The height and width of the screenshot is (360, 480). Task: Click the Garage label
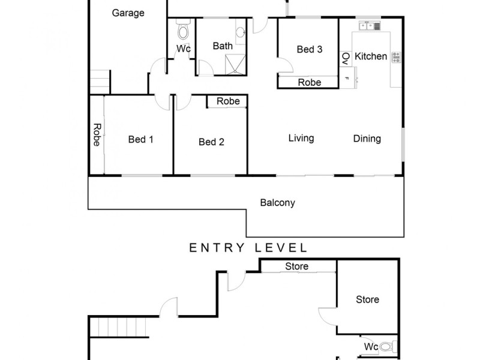pos(128,13)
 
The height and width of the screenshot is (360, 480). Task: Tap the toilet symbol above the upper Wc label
pos(183,30)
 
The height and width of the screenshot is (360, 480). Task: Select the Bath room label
pos(223,46)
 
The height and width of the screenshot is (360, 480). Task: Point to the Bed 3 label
pos(310,49)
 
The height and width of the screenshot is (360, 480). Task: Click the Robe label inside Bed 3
pos(310,82)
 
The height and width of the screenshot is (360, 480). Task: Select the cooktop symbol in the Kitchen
pos(396,58)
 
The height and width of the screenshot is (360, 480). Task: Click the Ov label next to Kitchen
pos(345,58)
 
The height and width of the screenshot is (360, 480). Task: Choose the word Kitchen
pos(371,56)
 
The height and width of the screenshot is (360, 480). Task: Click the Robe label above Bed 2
pos(228,101)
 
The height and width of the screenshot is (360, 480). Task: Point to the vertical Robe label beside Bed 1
pos(96,135)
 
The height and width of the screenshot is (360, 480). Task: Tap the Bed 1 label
pos(141,140)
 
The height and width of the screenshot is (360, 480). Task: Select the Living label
pos(301,139)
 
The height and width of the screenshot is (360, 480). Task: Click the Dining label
pos(367,139)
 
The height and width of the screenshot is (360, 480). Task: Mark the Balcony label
pos(277,203)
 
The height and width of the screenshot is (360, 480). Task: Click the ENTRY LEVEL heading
pos(248,247)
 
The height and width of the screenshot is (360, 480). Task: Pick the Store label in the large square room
pos(367,299)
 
